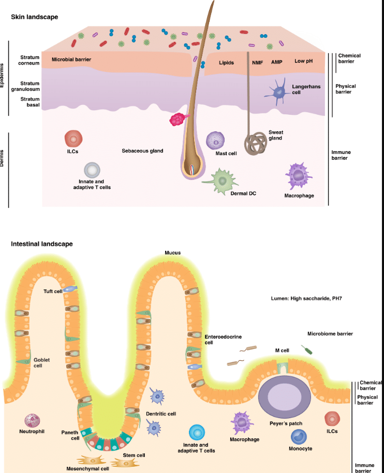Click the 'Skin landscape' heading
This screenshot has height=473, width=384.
coord(34,17)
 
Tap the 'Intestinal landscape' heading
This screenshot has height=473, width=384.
coord(41,244)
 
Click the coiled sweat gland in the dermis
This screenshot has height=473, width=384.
coord(256,143)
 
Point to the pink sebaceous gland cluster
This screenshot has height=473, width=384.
coord(179,119)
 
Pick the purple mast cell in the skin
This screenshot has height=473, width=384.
coord(215,141)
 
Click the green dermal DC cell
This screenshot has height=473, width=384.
coord(221,181)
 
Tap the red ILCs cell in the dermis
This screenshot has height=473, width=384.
coord(73,139)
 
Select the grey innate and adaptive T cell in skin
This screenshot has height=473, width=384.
coord(92,170)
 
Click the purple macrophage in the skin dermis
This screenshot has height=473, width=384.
coord(298,176)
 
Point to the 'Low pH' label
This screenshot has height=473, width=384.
coord(303,61)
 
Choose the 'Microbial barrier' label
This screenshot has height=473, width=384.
coord(71,59)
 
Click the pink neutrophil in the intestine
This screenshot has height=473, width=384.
coord(32,420)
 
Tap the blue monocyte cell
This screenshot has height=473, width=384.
coord(299,437)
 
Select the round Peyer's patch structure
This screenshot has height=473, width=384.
coord(285,396)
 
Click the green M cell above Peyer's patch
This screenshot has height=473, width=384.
coord(283,367)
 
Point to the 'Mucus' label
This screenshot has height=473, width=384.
coord(173,253)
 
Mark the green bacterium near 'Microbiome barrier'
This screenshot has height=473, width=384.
coord(307,349)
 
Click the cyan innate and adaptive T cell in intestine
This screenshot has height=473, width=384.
coord(197,432)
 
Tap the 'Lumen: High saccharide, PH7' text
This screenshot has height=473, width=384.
coord(306,299)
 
